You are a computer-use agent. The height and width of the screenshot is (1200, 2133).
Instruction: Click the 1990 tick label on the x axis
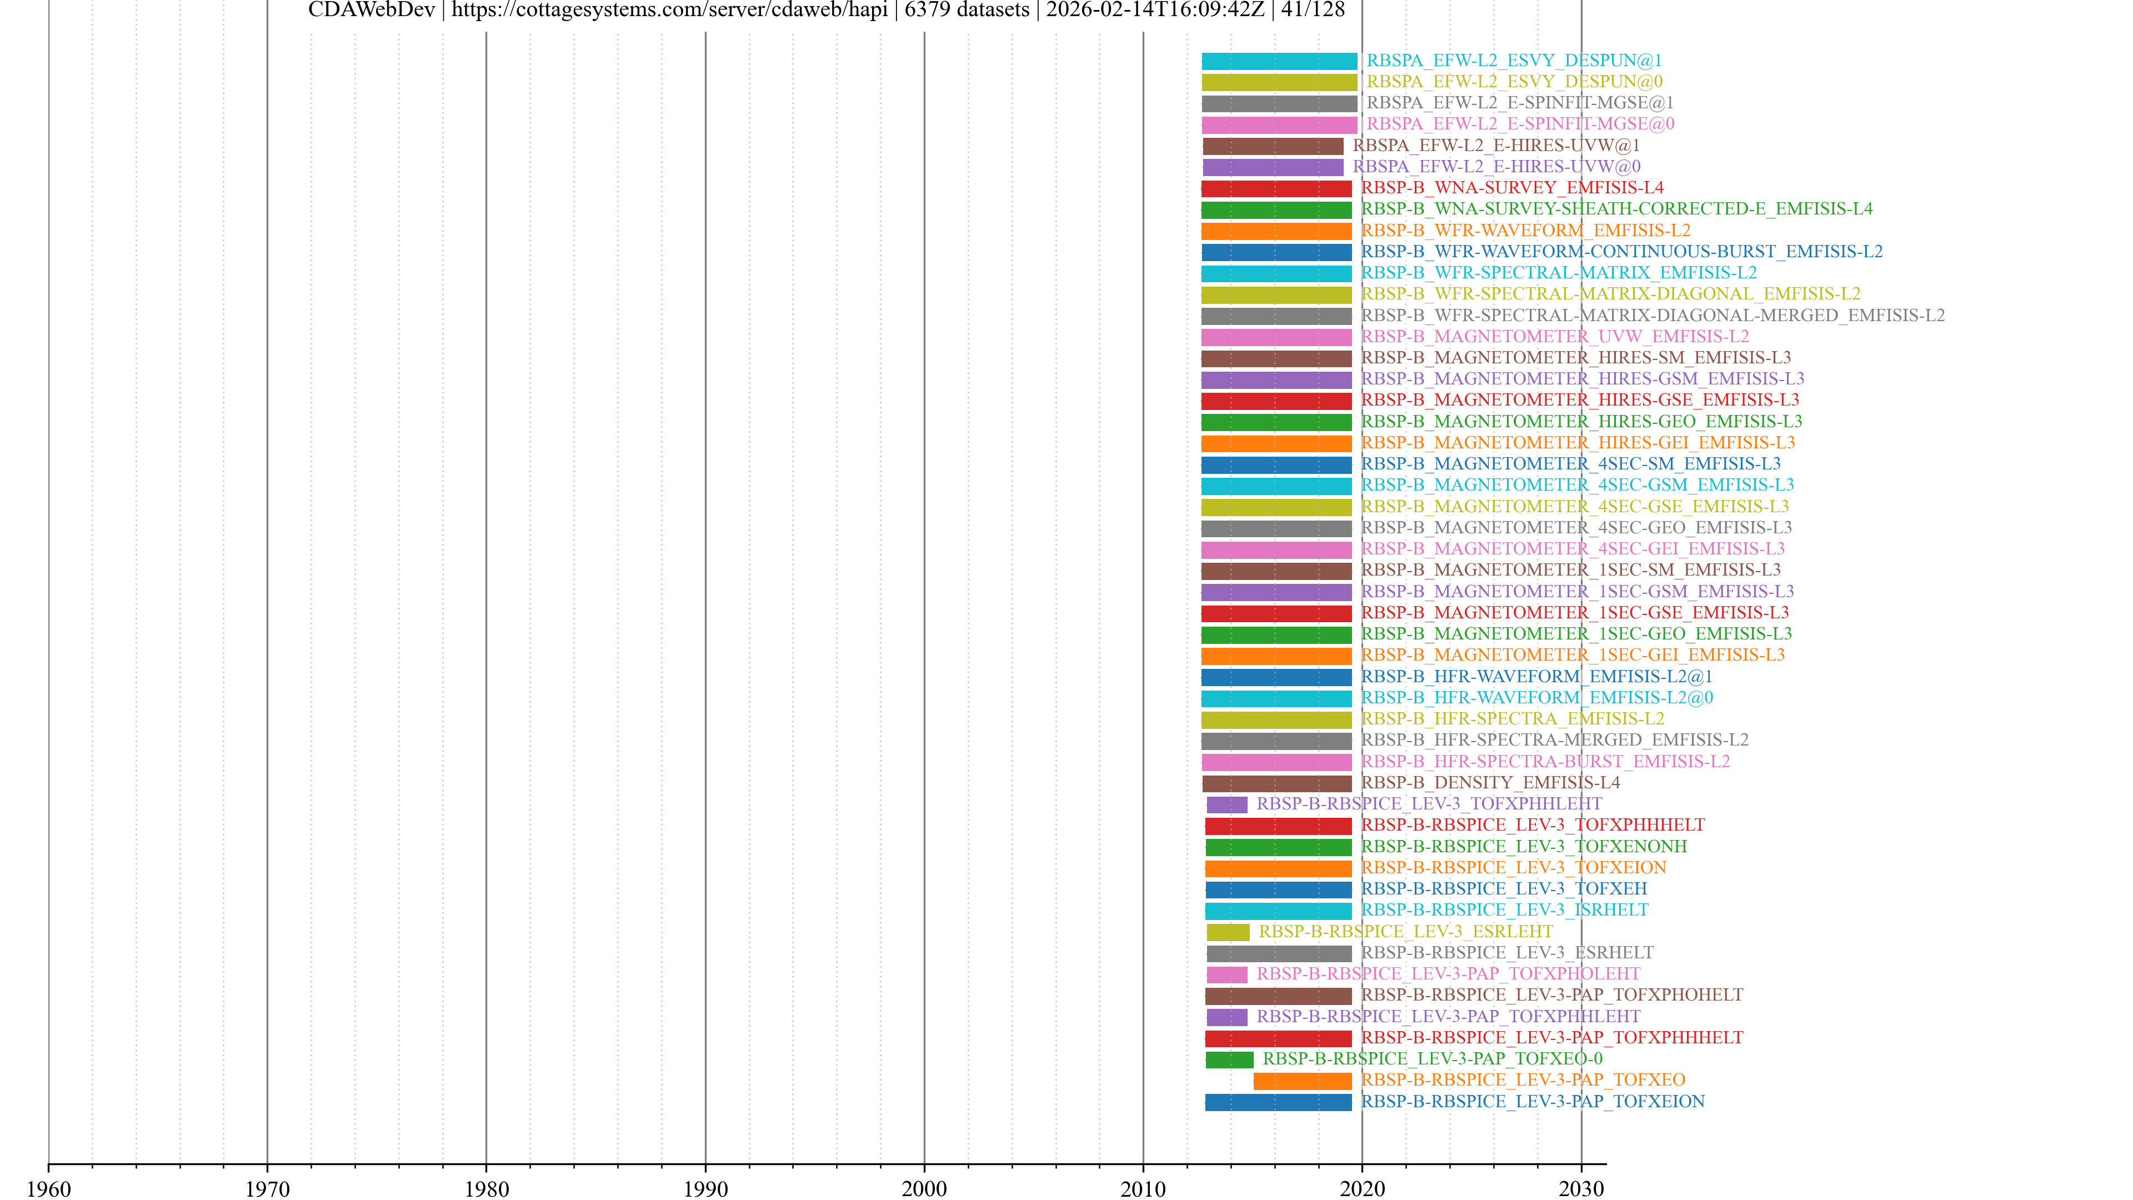click(705, 1188)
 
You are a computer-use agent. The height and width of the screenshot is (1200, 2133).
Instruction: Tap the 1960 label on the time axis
click(49, 1188)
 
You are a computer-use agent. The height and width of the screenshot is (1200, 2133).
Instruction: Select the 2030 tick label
click(1581, 1188)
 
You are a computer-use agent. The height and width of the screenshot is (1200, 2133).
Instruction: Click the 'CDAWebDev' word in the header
click(371, 10)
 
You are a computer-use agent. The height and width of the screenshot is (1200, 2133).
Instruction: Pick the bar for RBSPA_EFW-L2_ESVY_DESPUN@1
click(1279, 61)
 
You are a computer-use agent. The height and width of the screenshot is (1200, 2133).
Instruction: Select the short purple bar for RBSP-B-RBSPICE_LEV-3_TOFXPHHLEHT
click(1226, 804)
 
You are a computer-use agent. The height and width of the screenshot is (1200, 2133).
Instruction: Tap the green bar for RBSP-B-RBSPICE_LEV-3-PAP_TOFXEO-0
click(1229, 1059)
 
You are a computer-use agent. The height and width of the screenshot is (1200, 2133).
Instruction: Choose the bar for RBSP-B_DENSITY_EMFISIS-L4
click(1276, 783)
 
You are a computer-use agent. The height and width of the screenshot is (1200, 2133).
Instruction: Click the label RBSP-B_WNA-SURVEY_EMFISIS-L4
click(1512, 188)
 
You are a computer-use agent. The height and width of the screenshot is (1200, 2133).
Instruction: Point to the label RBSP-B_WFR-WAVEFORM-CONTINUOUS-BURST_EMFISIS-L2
click(1621, 252)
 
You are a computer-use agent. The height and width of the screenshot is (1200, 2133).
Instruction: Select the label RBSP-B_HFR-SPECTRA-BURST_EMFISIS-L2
click(1545, 761)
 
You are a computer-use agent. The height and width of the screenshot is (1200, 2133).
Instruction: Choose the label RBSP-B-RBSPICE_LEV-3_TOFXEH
click(1504, 889)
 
